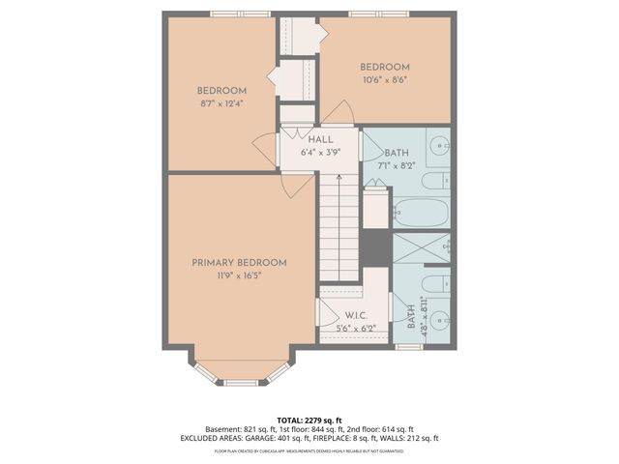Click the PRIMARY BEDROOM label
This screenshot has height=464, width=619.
click(x=239, y=262)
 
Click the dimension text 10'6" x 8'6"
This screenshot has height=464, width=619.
click(x=385, y=80)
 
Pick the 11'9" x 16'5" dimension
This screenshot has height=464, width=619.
click(x=239, y=275)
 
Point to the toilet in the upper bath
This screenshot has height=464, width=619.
click(x=438, y=180)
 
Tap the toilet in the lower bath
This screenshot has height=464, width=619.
click(x=437, y=286)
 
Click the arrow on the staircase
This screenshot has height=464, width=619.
click(x=339, y=178)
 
